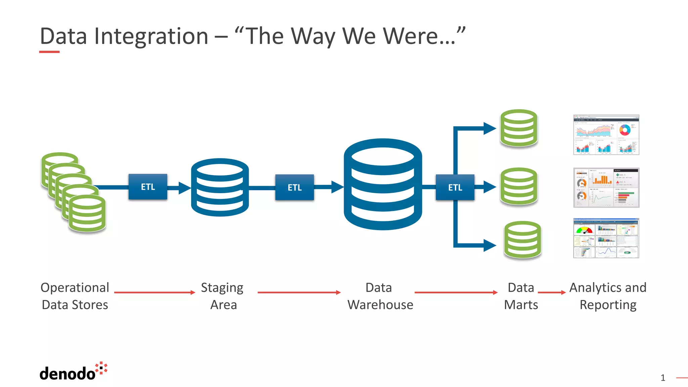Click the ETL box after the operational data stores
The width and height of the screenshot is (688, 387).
pyautogui.click(x=148, y=187)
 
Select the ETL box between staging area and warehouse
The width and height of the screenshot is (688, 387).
pyautogui.click(x=295, y=187)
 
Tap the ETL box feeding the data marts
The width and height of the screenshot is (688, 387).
pyautogui.click(x=455, y=187)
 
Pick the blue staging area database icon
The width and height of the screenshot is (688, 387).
pyautogui.click(x=220, y=187)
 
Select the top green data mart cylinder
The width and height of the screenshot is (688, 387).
pyautogui.click(x=519, y=128)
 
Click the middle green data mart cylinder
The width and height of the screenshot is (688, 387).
pyautogui.click(x=519, y=186)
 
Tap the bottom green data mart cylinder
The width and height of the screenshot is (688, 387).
pyautogui.click(x=522, y=240)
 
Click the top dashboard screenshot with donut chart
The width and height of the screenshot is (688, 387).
pyautogui.click(x=606, y=135)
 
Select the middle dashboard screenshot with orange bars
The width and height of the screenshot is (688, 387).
pyautogui.click(x=606, y=188)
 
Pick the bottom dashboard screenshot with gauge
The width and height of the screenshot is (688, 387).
pyautogui.click(x=606, y=238)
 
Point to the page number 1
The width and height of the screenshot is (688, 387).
pyautogui.click(x=662, y=378)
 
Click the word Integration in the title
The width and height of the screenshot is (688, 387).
pyautogui.click(x=151, y=36)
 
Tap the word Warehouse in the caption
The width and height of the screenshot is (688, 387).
pyautogui.click(x=380, y=305)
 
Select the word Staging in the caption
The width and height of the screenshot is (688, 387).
pyautogui.click(x=222, y=288)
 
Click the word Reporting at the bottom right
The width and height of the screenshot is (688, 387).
pyautogui.click(x=608, y=305)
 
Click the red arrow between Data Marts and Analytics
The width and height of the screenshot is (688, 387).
pyautogui.click(x=552, y=293)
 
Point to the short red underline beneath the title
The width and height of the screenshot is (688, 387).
pyautogui.click(x=49, y=52)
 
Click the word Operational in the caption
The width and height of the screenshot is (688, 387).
pyautogui.click(x=75, y=288)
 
